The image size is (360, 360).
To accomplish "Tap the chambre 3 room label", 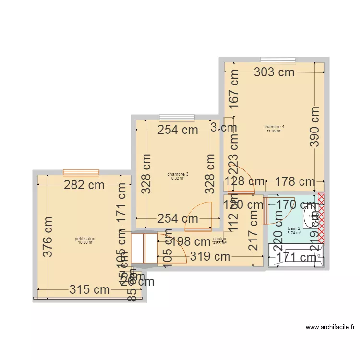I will pyautogui.click(x=178, y=174).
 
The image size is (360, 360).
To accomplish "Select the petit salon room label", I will pyautogui.click(x=85, y=239).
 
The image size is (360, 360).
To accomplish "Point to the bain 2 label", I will pyautogui.click(x=294, y=228).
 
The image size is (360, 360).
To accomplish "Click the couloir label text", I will pyautogui.click(x=220, y=239).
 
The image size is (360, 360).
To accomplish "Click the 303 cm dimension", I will pyautogui.click(x=274, y=72).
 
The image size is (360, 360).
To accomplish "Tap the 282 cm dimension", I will pyautogui.click(x=84, y=185).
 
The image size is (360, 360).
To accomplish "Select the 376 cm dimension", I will pyautogui.click(x=47, y=237).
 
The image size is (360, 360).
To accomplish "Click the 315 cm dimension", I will pyautogui.click(x=90, y=289).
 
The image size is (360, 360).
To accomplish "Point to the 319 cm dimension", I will pyautogui.click(x=210, y=256).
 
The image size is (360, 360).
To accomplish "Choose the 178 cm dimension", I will pyautogui.click(x=295, y=181).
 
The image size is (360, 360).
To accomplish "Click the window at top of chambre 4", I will pyautogui.click(x=278, y=60).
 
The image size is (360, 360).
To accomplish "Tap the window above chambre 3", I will pyautogui.click(x=177, y=117).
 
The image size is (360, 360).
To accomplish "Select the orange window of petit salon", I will pyautogui.click(x=81, y=172).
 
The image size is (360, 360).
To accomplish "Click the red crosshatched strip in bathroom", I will pyautogui.click(x=321, y=219).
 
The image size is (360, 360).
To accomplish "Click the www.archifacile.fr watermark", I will pyautogui.click(x=331, y=328).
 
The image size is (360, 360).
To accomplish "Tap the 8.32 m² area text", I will pyautogui.click(x=178, y=178).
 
